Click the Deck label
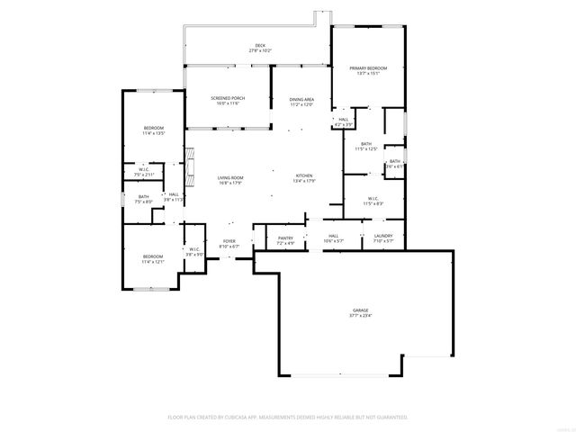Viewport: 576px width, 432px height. tap(260, 46)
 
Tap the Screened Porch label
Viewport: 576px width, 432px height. tap(228, 98)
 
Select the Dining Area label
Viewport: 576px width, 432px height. tap(301, 99)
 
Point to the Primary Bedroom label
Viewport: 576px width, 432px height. tap(369, 68)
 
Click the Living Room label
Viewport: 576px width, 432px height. tap(230, 177)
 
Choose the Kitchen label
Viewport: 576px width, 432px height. tap(304, 175)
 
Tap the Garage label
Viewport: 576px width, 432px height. tap(360, 310)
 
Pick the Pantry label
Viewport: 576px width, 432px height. tap(285, 238)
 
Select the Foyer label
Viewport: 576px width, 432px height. tap(229, 241)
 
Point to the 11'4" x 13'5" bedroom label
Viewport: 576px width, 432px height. tap(154, 131)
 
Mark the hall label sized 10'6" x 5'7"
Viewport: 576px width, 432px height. tap(333, 238)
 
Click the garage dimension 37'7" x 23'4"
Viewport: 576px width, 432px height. tap(360, 316)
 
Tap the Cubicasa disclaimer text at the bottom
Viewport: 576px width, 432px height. tap(288, 417)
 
